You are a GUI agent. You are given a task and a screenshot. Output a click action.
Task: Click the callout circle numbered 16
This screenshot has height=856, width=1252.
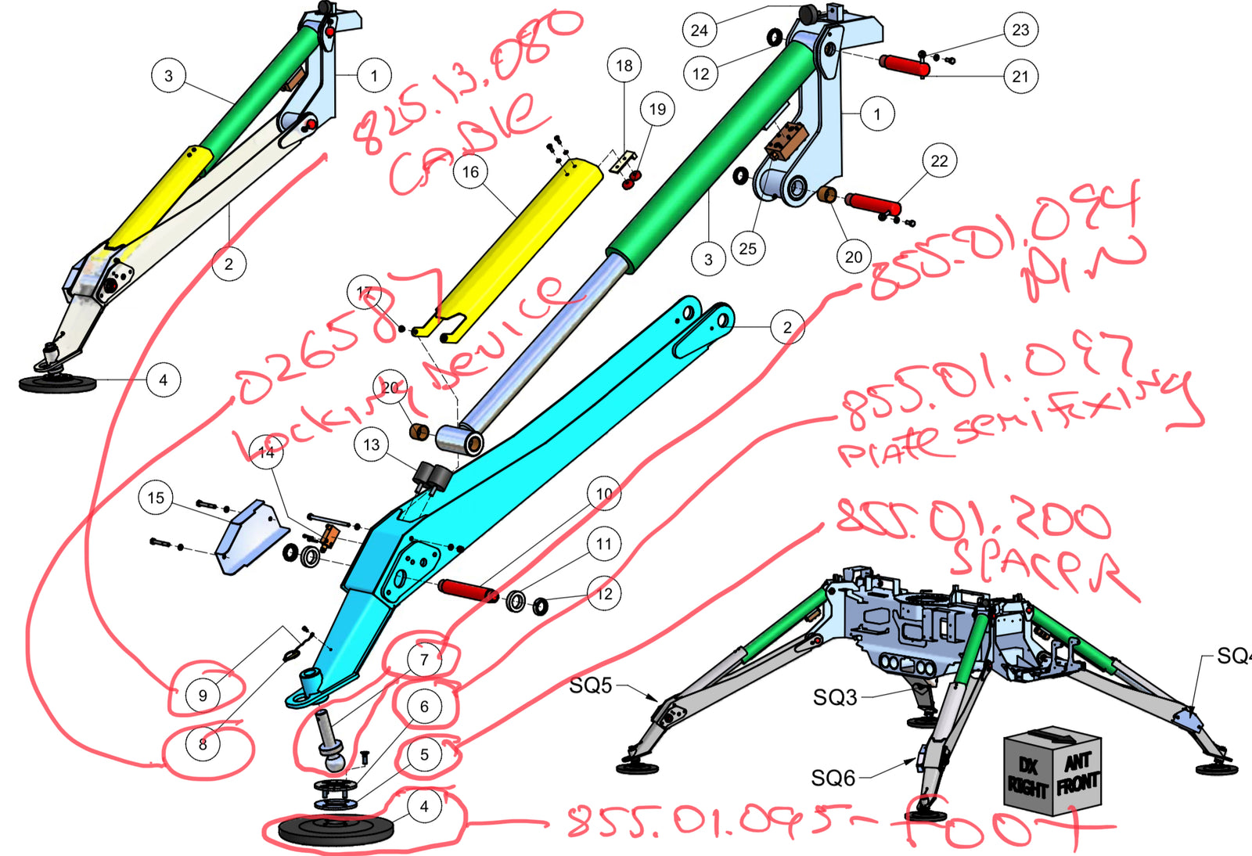click(470, 171)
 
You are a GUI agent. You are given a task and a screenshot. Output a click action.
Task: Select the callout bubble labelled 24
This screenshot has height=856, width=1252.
click(699, 31)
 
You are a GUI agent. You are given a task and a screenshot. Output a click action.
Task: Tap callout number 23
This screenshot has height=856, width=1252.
click(1020, 30)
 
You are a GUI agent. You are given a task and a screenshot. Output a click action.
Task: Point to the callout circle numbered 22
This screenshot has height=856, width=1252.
click(939, 161)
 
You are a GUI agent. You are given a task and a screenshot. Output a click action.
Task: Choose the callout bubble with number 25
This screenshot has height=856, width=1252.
click(748, 249)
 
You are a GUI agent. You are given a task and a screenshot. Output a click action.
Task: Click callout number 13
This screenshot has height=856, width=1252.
click(372, 445)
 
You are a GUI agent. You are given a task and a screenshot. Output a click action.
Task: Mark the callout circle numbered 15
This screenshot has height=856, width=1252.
click(156, 498)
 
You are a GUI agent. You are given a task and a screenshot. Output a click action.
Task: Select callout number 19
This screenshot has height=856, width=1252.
click(657, 109)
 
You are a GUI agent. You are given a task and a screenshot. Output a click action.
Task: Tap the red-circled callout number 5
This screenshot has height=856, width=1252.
click(424, 755)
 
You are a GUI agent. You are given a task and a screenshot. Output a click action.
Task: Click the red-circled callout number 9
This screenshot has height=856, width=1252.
click(203, 695)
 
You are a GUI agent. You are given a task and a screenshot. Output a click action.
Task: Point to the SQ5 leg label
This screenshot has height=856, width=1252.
click(591, 685)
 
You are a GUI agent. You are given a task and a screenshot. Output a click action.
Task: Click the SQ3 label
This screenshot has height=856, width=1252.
click(835, 697)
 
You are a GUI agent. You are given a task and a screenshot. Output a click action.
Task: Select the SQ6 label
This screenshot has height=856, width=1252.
click(833, 778)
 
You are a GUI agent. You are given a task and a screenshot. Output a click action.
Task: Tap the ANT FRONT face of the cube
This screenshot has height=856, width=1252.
click(1078, 774)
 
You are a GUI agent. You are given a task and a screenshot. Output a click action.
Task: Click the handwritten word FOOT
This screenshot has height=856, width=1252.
click(1009, 823)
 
